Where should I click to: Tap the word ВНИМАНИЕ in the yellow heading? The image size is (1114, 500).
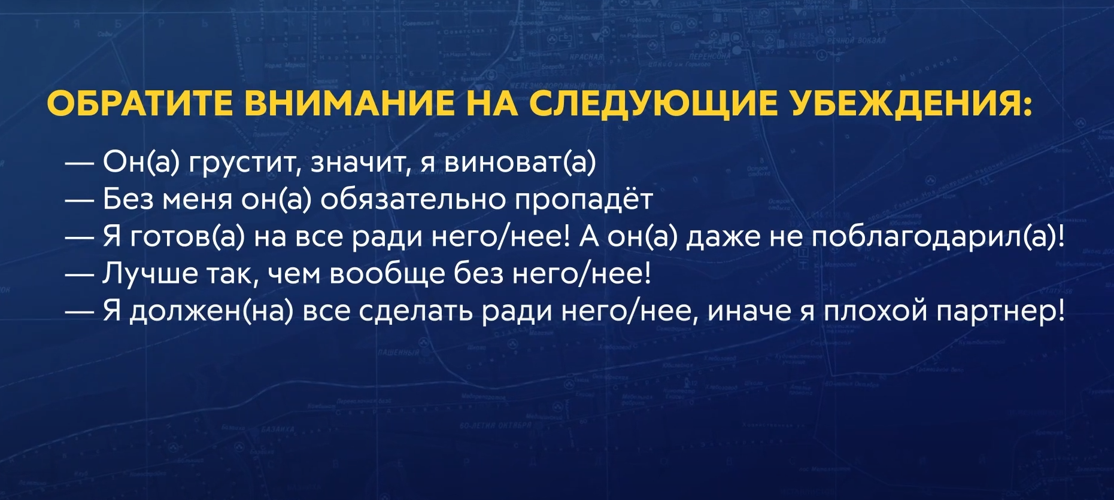[x=350, y=104]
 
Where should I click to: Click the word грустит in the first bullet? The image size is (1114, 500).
[x=241, y=163]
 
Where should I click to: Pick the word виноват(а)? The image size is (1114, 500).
[x=520, y=163]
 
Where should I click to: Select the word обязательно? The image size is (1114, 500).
[x=412, y=199]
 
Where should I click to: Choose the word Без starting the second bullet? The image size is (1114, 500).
[x=128, y=199]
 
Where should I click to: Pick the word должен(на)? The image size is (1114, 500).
[x=212, y=312]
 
